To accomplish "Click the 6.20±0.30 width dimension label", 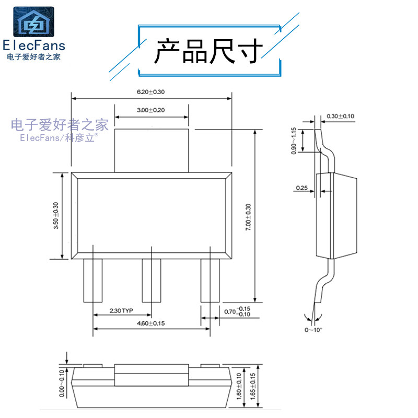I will (150, 92).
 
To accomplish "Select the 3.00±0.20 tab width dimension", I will (150, 110).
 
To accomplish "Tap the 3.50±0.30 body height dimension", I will (56, 216).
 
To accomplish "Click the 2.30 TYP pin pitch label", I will (122, 310).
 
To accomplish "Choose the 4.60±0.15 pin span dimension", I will (150, 323).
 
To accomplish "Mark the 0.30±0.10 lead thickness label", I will (341, 116).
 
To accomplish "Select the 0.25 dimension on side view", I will (301, 188).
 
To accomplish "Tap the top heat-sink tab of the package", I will (151, 150).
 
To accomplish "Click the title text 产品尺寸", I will (209, 51).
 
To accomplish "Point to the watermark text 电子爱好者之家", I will (60, 124).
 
